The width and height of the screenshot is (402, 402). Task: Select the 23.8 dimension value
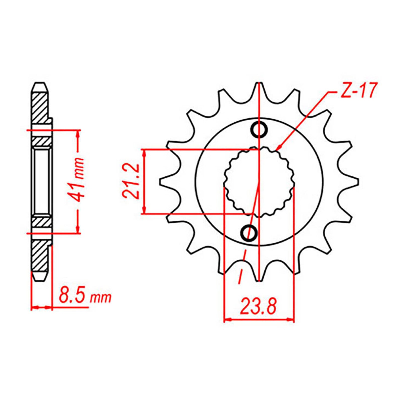(259, 307)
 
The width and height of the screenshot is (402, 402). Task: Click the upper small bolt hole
(259, 130)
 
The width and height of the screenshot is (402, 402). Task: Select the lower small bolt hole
(249, 233)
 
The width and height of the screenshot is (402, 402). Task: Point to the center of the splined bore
(259, 181)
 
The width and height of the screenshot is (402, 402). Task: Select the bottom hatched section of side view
(39, 256)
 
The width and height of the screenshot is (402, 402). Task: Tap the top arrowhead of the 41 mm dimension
(78, 132)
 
